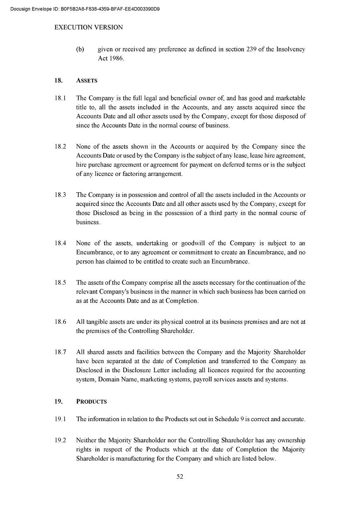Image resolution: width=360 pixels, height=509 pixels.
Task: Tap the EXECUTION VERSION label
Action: coord(89,27)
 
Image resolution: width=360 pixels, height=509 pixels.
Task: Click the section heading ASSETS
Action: coord(87,80)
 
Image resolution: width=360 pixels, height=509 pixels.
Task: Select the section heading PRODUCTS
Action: coord(91,401)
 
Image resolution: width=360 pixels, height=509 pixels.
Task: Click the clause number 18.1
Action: coord(61,98)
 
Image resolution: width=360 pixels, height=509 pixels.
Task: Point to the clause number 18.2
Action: coord(61,146)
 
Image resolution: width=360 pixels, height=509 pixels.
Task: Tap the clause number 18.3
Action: coord(61,195)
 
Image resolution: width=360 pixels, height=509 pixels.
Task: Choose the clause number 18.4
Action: coord(61,243)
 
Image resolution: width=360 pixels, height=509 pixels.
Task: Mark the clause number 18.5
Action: coord(61,283)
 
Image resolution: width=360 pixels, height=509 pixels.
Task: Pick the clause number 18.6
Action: coord(61,322)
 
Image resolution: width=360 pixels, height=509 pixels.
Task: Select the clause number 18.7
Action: coord(61,352)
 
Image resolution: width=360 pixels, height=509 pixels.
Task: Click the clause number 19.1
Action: coord(61,419)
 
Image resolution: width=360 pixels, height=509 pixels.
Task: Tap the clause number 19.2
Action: coord(61,440)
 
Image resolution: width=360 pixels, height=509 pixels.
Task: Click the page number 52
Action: coord(180,477)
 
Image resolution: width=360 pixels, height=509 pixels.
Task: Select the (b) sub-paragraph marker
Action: coord(80,49)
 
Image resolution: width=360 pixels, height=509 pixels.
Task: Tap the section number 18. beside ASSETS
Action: coord(58,80)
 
